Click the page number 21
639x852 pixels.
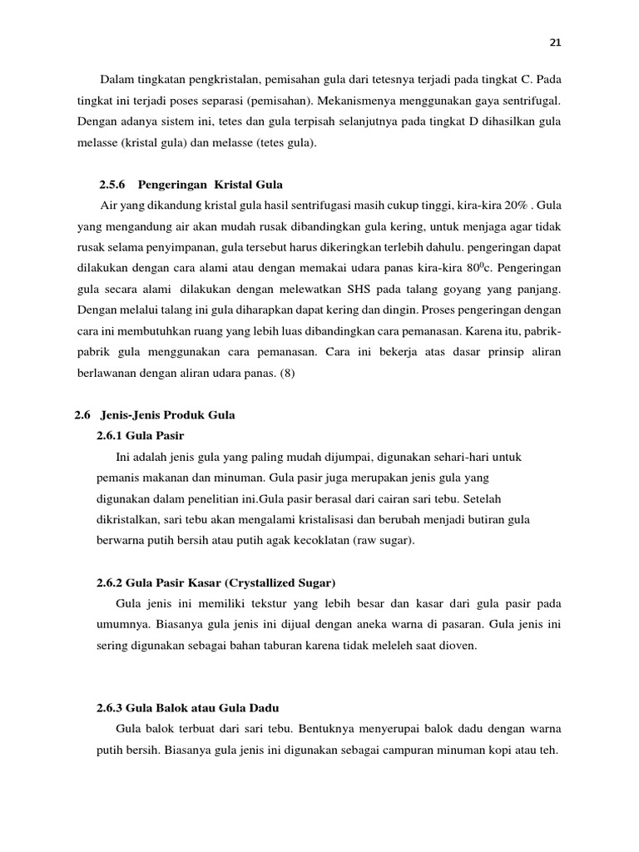556,42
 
